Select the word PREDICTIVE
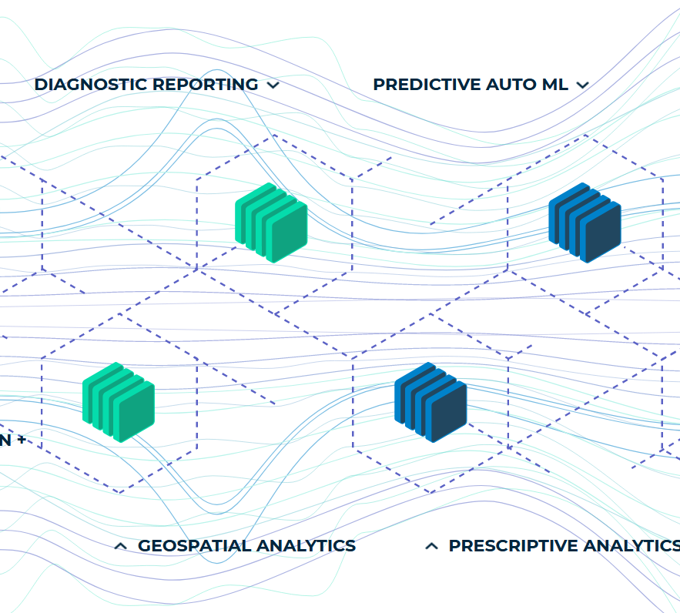click(427, 85)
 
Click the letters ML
click(555, 85)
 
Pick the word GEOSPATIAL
click(194, 546)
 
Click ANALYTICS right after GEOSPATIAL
click(306, 546)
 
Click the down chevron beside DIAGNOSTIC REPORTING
click(273, 85)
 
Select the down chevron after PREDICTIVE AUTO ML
click(583, 85)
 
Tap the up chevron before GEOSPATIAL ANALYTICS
click(120, 546)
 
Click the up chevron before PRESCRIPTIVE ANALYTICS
click(432, 546)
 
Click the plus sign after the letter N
click(21, 440)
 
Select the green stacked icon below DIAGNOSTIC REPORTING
click(270, 223)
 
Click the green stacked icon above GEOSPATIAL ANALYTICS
click(119, 402)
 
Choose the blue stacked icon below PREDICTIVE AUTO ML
click(585, 223)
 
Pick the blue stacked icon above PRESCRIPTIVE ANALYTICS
click(430, 402)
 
